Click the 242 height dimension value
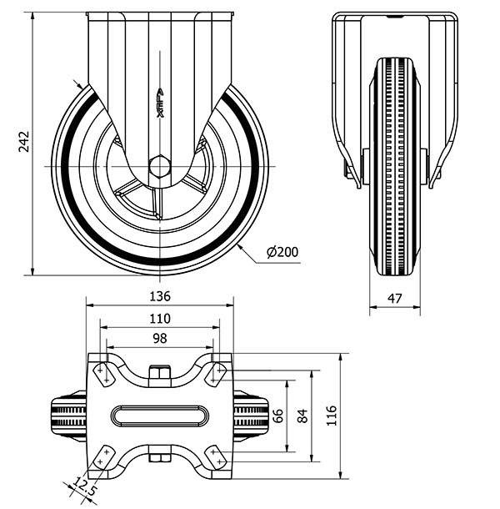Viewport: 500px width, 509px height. pos(24,142)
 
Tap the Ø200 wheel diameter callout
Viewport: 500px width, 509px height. pos(282,252)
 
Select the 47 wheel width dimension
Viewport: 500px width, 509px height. pos(395,299)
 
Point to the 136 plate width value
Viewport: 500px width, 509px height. pos(160,296)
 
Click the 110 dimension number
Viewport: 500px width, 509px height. pos(160,319)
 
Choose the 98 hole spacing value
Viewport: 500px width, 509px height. pos(160,338)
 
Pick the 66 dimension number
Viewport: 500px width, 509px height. pos(278,416)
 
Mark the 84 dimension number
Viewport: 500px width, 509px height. pos(302,416)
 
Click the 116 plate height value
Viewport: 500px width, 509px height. pos(332,416)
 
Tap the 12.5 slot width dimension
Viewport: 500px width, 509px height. pos(83,486)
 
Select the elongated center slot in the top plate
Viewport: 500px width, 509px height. pos(160,416)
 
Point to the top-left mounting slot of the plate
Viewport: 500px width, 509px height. pos(104,375)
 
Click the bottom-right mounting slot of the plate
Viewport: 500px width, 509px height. pos(216,456)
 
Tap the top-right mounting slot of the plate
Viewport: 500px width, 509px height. pos(216,375)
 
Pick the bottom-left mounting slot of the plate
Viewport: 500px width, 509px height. pos(103,456)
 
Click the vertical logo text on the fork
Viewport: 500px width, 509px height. pos(160,103)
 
